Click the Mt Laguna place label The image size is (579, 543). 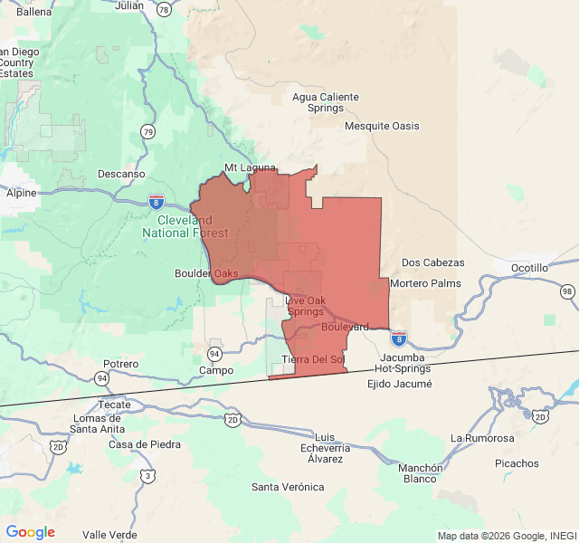pyautogui.click(x=249, y=167)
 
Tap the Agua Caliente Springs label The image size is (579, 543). pyautogui.click(x=326, y=103)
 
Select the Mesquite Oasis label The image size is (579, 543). pyautogui.click(x=382, y=126)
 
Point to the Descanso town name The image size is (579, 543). pyautogui.click(x=121, y=173)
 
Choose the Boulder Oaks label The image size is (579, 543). pyautogui.click(x=206, y=272)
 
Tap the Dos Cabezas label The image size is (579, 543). pyautogui.click(x=432, y=262)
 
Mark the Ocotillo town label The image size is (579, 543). pyautogui.click(x=529, y=268)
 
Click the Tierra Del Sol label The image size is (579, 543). pyautogui.click(x=313, y=359)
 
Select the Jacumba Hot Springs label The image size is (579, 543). pyautogui.click(x=403, y=363)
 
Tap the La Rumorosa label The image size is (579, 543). pyautogui.click(x=483, y=438)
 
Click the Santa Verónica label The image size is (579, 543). pyautogui.click(x=288, y=487)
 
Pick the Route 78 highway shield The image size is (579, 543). pyautogui.click(x=163, y=9)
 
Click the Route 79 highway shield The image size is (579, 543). pyautogui.click(x=147, y=132)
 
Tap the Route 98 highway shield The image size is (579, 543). pyautogui.click(x=567, y=291)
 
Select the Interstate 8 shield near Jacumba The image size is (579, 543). pyautogui.click(x=399, y=339)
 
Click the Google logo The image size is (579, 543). pyautogui.click(x=30, y=532)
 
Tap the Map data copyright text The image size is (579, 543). pyautogui.click(x=506, y=535)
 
